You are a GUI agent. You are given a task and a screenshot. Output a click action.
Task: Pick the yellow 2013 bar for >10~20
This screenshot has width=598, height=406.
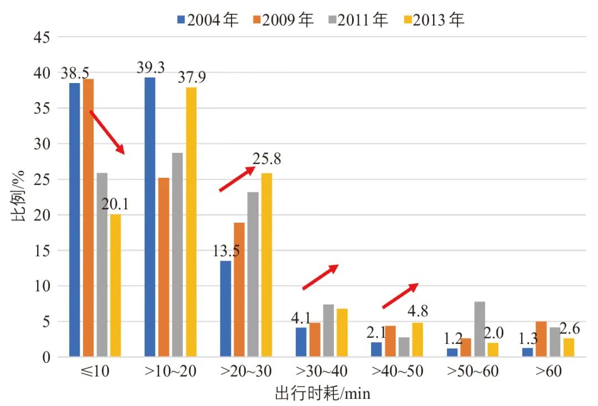[x=191, y=222]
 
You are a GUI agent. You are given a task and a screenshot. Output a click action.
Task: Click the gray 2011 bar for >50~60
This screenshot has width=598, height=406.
[x=480, y=329]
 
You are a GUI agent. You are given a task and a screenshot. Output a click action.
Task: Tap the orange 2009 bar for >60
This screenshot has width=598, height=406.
[x=542, y=339]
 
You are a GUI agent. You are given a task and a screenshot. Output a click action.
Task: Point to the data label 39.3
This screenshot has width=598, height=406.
[x=151, y=68]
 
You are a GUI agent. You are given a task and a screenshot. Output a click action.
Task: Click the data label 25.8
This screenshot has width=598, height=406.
[x=267, y=160]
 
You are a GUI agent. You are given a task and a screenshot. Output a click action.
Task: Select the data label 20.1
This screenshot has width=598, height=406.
[x=115, y=205]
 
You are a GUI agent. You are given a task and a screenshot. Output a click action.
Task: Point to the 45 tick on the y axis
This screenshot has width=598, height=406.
[x=43, y=38]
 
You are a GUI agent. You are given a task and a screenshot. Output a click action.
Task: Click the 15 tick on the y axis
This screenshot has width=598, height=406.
[x=43, y=250]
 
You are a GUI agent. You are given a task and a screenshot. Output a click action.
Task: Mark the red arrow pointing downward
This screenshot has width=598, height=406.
[x=107, y=132]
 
